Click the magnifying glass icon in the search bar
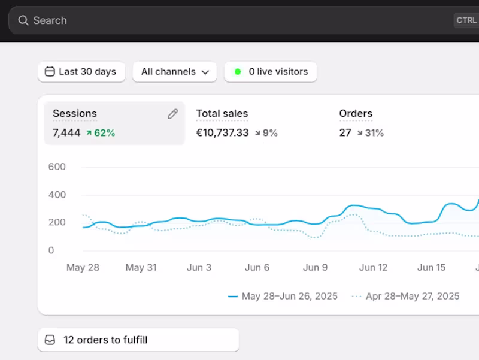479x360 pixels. [x=23, y=20]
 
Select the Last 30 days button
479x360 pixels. [x=81, y=72]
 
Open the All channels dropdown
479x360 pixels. [x=174, y=72]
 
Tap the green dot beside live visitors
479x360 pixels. [x=238, y=72]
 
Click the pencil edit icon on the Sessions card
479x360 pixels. [x=173, y=114]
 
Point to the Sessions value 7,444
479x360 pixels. [x=66, y=132]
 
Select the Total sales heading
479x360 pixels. [x=222, y=113]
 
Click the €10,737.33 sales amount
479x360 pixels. [x=222, y=132]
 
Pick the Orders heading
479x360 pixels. [x=356, y=113]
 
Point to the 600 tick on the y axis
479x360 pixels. [x=57, y=167]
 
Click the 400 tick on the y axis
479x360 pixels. [x=57, y=195]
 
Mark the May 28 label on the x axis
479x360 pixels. [x=83, y=267]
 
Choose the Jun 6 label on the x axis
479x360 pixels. [x=257, y=267]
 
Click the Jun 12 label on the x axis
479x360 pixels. [x=374, y=267]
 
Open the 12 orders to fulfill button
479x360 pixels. [x=138, y=340]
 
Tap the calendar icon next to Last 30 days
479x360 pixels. [x=50, y=72]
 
